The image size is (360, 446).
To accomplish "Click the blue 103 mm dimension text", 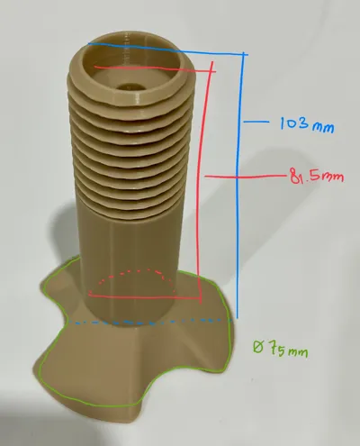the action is [307, 123].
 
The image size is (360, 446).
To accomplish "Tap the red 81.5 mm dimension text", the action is [317, 176].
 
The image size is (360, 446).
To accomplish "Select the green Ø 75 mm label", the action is [281, 349].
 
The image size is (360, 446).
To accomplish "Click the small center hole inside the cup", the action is [131, 86].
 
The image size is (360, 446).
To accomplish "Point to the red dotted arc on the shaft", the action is [135, 271].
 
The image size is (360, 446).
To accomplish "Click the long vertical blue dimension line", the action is [240, 186].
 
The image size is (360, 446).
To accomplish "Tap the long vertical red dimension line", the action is [202, 183].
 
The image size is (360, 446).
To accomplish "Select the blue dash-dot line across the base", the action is [150, 322].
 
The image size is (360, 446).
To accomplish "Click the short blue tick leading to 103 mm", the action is [256, 122].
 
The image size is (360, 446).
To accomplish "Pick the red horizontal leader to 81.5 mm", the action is [245, 177].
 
